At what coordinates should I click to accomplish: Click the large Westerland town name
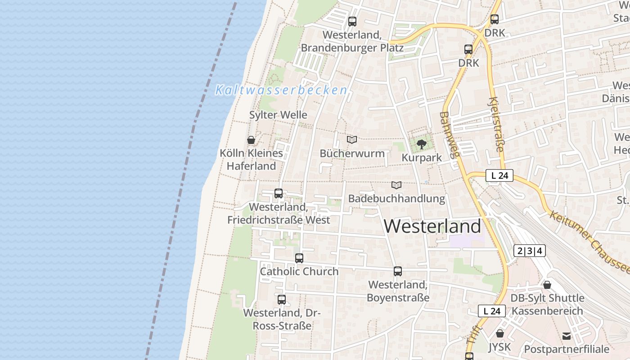432,226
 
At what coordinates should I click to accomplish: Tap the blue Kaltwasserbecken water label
281,90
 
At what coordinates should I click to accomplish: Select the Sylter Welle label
278,115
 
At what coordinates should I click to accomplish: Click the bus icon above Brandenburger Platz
352,21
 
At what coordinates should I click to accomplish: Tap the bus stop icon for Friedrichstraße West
279,193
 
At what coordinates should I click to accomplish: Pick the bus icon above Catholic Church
299,258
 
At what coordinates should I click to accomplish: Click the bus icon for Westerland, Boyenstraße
398,271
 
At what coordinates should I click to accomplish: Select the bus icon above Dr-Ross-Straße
282,299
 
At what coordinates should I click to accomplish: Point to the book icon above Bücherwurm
352,140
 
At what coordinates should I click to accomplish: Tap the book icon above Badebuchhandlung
396,185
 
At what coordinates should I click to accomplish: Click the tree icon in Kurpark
421,144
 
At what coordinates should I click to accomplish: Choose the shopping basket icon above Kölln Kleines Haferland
251,140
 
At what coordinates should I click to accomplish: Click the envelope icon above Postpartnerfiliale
566,336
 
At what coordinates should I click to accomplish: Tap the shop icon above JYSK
499,333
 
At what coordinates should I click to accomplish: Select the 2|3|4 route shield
530,251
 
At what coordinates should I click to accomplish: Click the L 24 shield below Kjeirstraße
499,176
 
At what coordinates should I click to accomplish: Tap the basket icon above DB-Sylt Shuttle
547,285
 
